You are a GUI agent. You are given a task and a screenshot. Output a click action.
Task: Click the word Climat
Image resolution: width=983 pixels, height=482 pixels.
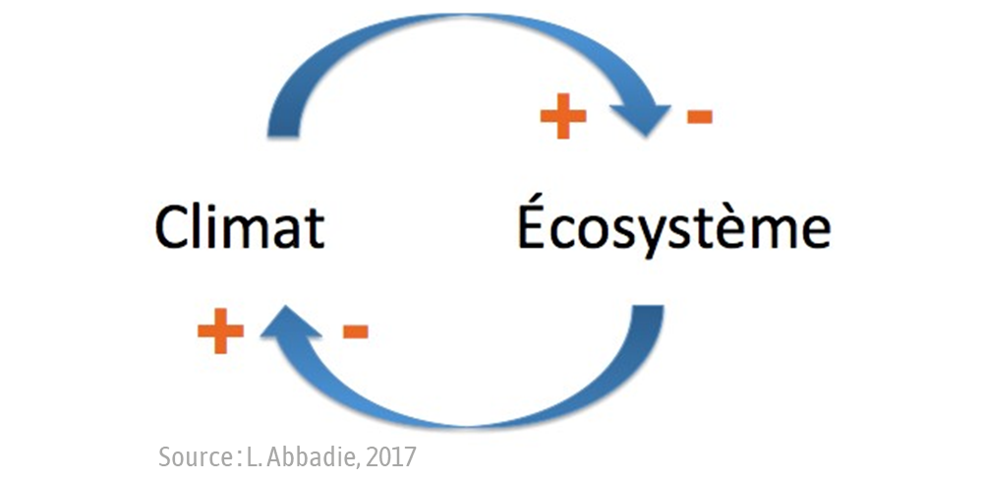(240, 227)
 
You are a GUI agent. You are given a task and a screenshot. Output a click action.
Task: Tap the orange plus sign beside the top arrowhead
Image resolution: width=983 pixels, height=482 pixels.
(563, 118)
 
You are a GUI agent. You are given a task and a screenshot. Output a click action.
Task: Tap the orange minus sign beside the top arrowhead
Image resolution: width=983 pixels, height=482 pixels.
(699, 118)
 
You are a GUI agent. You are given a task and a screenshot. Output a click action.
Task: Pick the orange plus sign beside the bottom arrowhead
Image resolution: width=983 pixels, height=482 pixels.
(220, 331)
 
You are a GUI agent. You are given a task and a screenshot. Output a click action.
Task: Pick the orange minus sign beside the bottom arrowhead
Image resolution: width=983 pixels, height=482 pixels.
(355, 331)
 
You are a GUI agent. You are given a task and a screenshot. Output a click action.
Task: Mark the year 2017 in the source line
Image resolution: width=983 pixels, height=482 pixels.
(392, 456)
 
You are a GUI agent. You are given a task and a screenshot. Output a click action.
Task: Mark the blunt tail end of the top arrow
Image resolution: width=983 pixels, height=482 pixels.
(284, 128)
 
